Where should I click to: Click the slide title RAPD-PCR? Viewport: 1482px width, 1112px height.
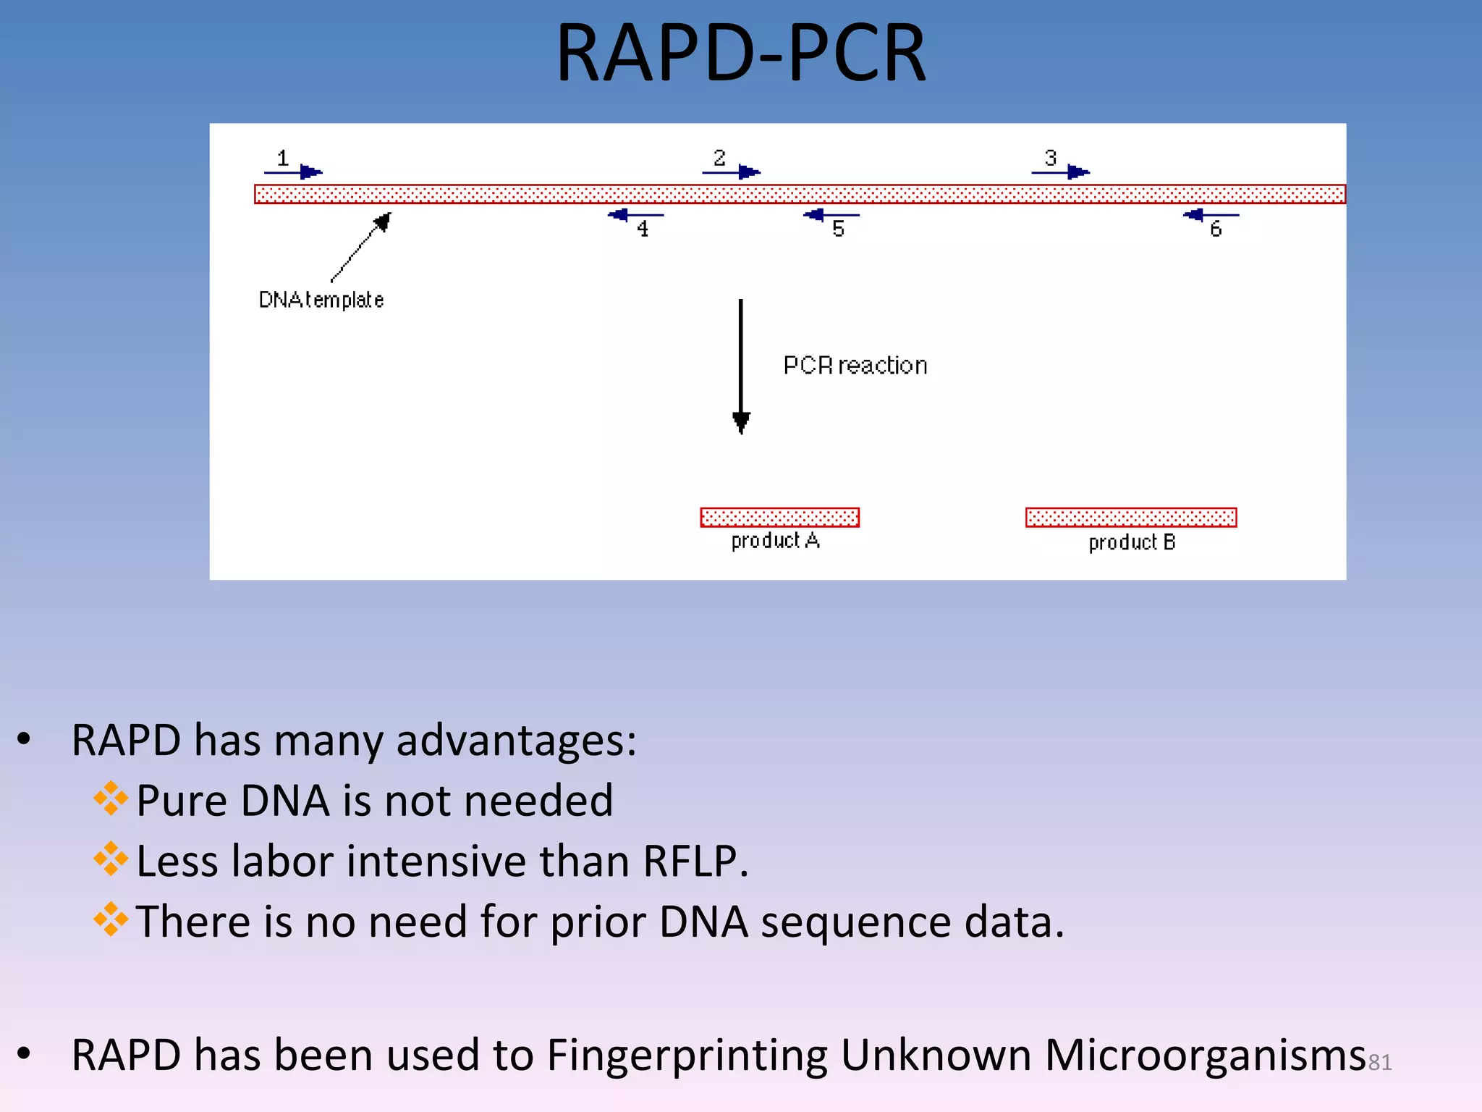(740, 54)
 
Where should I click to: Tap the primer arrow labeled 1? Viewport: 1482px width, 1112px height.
(293, 172)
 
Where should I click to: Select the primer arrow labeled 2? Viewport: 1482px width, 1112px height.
(731, 172)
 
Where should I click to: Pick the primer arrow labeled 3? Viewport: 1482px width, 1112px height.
(1060, 172)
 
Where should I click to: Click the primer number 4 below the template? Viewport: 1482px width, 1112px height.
(643, 229)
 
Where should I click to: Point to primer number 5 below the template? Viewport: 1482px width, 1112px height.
(838, 229)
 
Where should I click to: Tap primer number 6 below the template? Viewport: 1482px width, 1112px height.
(1216, 229)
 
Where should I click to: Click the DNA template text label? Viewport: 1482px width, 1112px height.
(321, 300)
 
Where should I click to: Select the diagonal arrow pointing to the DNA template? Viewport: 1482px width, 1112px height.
(360, 248)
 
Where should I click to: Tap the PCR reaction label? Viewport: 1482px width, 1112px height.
(855, 366)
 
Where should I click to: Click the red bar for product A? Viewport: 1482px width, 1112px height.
(779, 517)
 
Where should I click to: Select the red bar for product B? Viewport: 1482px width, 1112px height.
(1130, 517)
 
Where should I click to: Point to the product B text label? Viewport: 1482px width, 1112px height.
(1132, 542)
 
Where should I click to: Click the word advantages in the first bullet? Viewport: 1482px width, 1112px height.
(515, 741)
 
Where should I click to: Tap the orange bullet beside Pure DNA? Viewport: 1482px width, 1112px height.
(111, 799)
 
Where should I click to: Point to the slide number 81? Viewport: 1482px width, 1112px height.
(1379, 1062)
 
